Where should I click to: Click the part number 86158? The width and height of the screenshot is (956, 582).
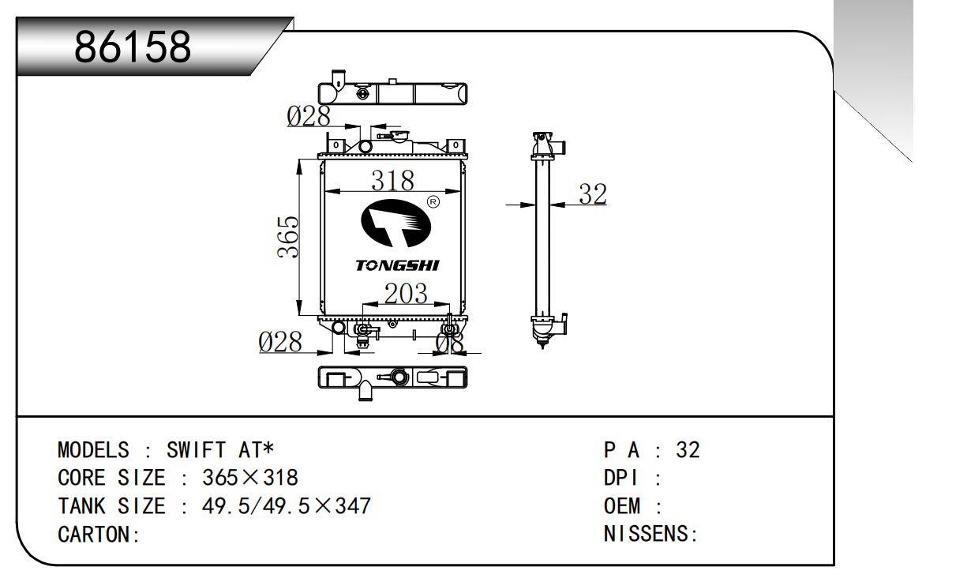click(x=133, y=48)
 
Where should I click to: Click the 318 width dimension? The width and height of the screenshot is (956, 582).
click(x=392, y=181)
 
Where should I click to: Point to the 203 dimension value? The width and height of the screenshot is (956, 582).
click(x=406, y=294)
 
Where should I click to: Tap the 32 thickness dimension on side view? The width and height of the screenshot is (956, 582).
click(x=592, y=193)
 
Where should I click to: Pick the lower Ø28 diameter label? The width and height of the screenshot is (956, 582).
click(x=280, y=342)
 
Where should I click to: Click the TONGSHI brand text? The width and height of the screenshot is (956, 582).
click(x=397, y=265)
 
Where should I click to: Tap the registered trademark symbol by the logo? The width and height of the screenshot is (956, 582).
click(x=433, y=202)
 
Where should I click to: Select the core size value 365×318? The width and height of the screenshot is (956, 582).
click(x=250, y=478)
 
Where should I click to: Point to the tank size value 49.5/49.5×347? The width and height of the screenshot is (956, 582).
click(x=287, y=505)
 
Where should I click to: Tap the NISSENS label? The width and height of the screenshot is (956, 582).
click(x=650, y=534)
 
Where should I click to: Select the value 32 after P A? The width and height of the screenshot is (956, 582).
click(x=688, y=450)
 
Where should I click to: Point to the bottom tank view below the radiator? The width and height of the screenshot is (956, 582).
click(x=392, y=377)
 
